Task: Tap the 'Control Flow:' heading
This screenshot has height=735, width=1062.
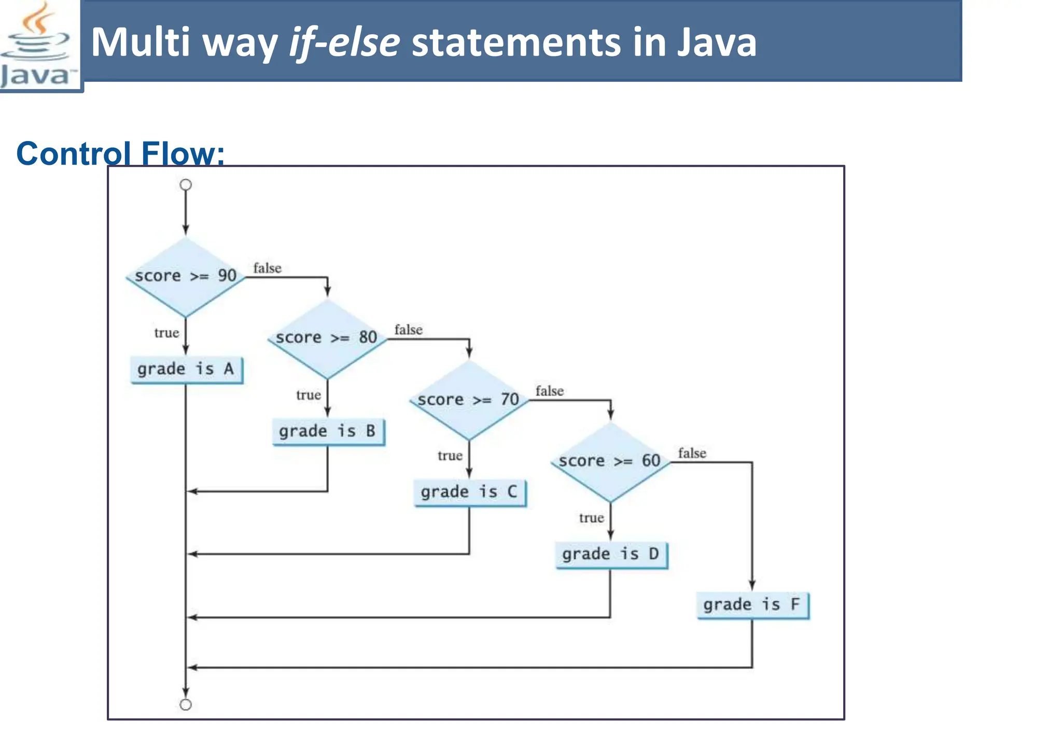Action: click(x=120, y=153)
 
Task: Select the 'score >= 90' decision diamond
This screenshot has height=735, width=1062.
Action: click(x=186, y=276)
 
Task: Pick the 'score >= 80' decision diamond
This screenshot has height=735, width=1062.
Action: click(x=327, y=338)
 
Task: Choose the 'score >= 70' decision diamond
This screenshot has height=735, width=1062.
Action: click(x=469, y=400)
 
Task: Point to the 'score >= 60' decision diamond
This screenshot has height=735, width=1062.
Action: click(x=610, y=461)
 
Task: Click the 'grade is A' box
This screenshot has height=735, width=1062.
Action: click(x=186, y=370)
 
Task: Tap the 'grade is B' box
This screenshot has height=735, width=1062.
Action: click(x=328, y=431)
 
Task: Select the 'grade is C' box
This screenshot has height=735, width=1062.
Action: click(x=469, y=492)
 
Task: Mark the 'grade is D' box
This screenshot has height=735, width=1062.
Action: click(x=611, y=555)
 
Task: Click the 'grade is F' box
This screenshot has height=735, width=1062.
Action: click(x=752, y=605)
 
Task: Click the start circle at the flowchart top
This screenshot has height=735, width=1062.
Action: click(x=186, y=185)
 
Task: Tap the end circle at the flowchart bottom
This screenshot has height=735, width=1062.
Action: click(x=186, y=705)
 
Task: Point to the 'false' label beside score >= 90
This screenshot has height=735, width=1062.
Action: click(x=267, y=268)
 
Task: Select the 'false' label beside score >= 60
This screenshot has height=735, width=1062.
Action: click(x=692, y=454)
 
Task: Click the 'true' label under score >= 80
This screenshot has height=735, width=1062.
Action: click(x=309, y=395)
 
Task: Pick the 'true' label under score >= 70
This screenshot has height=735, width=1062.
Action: click(x=450, y=456)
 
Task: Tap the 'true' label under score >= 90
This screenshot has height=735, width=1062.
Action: click(x=166, y=333)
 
